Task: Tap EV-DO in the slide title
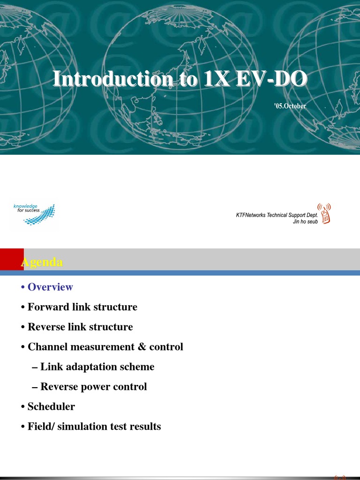coord(269,79)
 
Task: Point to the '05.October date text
coord(290,106)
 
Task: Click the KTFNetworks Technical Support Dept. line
coord(277,215)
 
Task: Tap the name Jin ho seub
coord(305,221)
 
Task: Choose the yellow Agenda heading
coord(42,262)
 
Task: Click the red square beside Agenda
coord(11,259)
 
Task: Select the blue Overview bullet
coord(50,287)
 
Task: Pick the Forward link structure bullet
coord(82,307)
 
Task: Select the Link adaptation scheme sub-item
coord(97,367)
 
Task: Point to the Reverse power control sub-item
coord(93,387)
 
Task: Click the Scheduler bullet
coord(51,406)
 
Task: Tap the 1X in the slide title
coord(217,79)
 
